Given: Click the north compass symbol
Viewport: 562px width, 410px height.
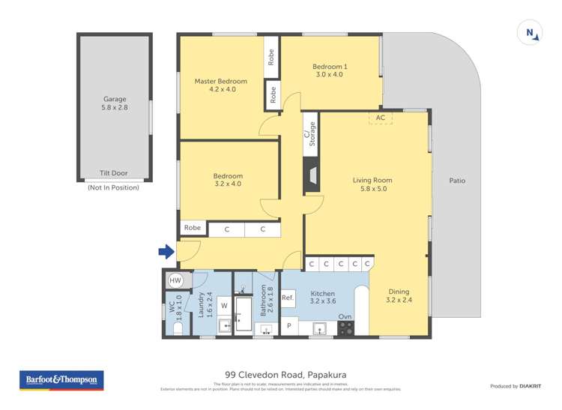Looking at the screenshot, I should pos(530,32).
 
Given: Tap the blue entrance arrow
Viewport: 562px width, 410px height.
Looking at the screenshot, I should pos(166,251).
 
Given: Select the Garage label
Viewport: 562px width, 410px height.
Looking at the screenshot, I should pos(115,99).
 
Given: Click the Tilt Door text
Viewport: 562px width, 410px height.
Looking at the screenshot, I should pos(113,173).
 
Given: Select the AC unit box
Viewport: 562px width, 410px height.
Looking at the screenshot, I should pos(380,118).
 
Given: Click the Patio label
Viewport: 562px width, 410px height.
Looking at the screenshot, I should pos(457,181).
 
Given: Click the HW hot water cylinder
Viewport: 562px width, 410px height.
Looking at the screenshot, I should pos(175,280).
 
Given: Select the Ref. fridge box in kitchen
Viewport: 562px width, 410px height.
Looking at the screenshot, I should pos(288,298).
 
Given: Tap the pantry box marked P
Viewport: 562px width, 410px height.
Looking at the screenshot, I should pos(288,327).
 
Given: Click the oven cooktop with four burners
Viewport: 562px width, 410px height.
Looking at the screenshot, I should pos(345,328).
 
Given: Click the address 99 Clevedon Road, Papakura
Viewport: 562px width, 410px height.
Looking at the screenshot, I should pos(285,375).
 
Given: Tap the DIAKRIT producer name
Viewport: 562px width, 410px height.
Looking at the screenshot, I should pos(531,386).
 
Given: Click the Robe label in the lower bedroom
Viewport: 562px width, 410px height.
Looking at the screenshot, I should pos(193,228).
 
